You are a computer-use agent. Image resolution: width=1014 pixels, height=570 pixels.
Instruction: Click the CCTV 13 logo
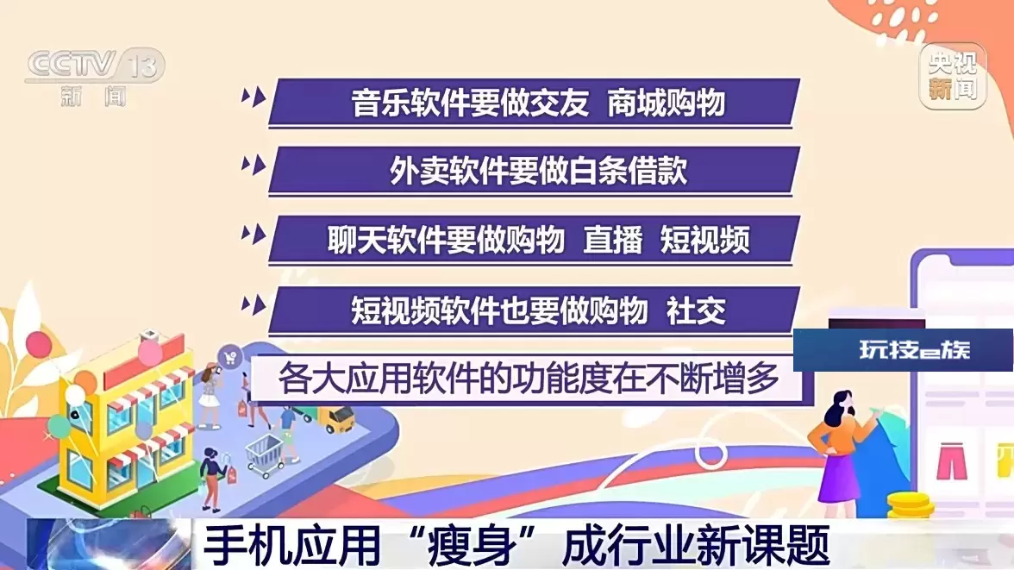click(95, 77)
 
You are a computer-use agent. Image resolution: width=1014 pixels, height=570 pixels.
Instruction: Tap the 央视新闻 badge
click(953, 77)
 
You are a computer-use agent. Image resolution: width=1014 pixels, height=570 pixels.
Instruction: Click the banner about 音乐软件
click(535, 103)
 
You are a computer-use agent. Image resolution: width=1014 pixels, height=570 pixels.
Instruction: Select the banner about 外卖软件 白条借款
click(535, 171)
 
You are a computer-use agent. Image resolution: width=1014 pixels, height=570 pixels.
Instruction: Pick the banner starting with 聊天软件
click(535, 240)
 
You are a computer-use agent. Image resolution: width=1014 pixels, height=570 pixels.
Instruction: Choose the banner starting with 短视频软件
click(535, 310)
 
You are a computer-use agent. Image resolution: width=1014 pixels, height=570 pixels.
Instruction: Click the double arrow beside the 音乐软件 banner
click(253, 97)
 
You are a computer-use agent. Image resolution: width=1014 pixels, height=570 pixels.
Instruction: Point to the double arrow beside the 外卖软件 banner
click(253, 165)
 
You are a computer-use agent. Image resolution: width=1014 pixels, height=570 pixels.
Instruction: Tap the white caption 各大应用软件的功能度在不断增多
click(529, 379)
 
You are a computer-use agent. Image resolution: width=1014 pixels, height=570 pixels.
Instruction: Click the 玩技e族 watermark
click(914, 349)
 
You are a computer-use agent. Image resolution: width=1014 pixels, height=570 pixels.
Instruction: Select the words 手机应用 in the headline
click(291, 544)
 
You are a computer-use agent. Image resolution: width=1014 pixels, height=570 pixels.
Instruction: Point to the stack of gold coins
click(911, 504)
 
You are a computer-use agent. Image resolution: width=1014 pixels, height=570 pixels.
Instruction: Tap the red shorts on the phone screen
click(951, 460)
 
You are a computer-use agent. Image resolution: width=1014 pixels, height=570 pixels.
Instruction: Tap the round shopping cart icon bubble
click(229, 357)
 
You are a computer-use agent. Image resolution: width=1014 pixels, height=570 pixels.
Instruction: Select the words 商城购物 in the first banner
click(666, 103)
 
